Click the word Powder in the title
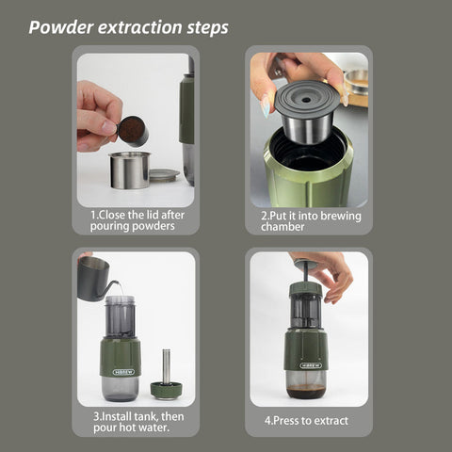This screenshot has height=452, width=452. (x=61, y=27)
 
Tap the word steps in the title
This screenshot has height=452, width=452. (x=207, y=27)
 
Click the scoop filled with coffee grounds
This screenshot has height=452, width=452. (x=133, y=131)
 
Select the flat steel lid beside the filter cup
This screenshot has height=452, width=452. (x=164, y=174)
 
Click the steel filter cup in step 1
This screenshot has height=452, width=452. (x=129, y=169)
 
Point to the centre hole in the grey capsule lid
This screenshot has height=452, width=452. (x=306, y=100)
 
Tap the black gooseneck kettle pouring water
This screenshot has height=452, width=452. (x=96, y=279)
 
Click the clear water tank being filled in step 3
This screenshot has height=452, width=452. (x=120, y=317)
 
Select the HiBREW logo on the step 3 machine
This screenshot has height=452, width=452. (x=123, y=372)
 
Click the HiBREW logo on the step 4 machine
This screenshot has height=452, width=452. (x=311, y=365)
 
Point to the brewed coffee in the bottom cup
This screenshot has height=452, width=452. (x=305, y=391)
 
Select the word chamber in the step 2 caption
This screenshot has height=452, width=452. (x=282, y=227)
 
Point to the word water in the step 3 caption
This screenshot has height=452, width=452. (x=153, y=428)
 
